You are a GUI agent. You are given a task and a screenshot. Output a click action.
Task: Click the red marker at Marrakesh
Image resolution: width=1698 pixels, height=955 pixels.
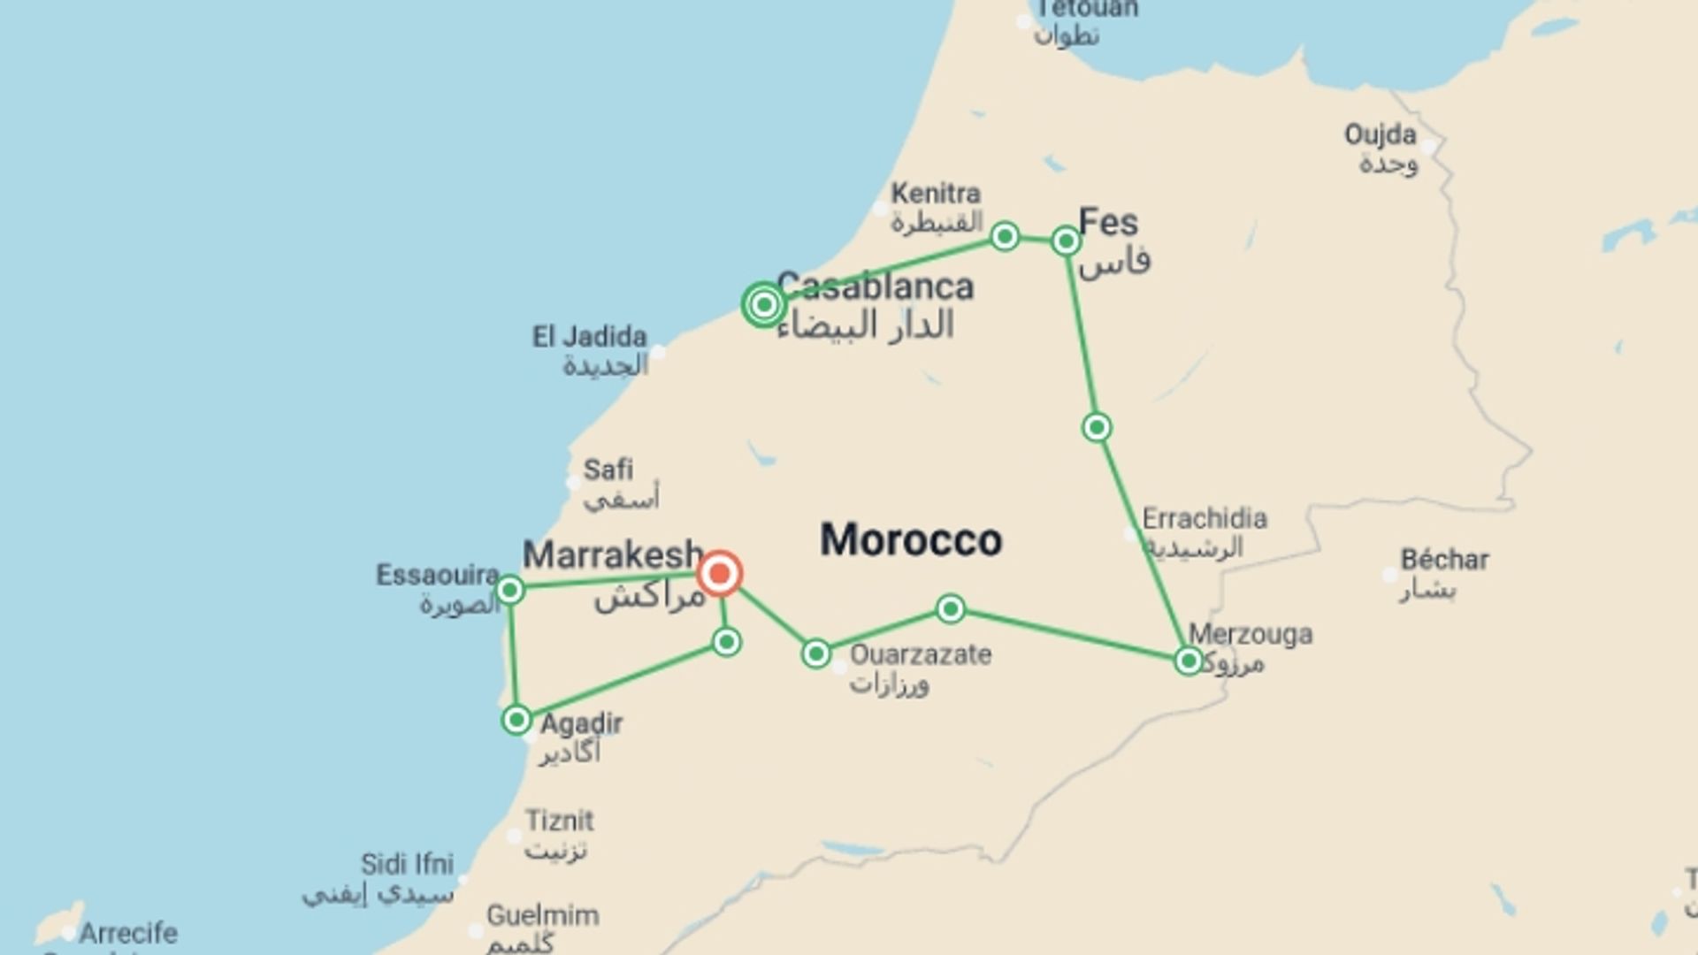719,574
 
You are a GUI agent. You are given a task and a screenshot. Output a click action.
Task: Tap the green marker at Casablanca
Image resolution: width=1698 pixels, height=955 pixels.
764,305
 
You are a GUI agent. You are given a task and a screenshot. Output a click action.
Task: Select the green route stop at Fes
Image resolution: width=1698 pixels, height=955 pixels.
1066,241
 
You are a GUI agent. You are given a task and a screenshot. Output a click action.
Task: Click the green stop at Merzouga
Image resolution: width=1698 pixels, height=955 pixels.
1189,661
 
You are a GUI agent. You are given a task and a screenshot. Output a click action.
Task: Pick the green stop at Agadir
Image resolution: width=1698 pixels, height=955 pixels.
516,720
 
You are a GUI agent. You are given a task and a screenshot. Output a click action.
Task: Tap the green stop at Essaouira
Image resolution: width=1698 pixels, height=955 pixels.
510,589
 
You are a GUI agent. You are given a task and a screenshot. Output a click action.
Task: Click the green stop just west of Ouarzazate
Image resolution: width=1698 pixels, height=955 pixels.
815,653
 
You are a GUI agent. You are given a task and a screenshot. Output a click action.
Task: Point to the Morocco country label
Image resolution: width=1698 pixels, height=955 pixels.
911,539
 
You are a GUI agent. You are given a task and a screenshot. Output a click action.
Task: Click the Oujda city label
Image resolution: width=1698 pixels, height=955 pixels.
1381,135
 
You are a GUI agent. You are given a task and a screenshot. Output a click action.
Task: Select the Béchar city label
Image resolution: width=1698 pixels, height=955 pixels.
1444,560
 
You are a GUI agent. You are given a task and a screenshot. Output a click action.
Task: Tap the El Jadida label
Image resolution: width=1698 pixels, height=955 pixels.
589,337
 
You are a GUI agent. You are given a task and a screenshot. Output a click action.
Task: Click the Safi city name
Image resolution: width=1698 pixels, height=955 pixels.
608,470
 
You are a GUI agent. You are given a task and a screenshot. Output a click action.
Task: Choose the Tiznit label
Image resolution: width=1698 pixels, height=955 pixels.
560,821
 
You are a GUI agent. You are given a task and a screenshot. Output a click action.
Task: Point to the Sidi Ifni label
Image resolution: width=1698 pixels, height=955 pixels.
407,864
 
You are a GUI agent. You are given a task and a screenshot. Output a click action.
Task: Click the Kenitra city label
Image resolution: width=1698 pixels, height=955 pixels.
936,193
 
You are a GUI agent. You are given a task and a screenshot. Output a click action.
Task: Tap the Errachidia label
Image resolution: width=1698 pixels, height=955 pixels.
1205,518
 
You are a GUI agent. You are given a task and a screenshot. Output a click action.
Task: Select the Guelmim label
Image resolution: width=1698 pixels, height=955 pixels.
542,915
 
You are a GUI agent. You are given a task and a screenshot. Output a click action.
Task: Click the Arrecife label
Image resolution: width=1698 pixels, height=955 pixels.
128,933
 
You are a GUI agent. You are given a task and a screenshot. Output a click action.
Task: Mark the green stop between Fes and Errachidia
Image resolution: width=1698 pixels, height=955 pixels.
1097,427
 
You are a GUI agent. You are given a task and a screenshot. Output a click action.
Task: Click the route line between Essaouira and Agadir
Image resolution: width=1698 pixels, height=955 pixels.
513,654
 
